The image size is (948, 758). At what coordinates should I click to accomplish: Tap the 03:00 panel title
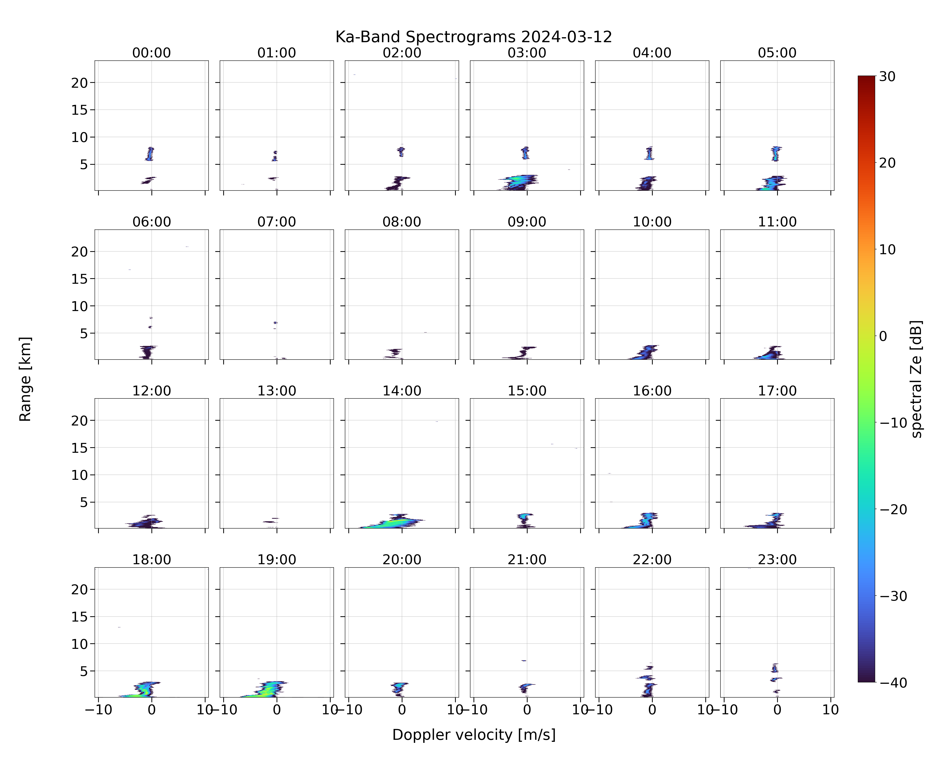point(527,53)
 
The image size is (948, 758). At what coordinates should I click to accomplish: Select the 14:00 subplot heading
point(402,391)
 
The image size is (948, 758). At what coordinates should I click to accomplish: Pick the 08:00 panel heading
point(402,222)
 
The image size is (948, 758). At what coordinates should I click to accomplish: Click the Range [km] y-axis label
point(25,379)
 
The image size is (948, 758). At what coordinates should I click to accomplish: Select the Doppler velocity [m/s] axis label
point(473,735)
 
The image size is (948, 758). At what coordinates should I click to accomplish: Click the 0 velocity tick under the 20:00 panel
point(402,710)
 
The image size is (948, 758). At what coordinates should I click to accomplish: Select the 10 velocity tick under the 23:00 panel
point(831,710)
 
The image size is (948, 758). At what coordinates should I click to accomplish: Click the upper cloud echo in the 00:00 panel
point(150,154)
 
